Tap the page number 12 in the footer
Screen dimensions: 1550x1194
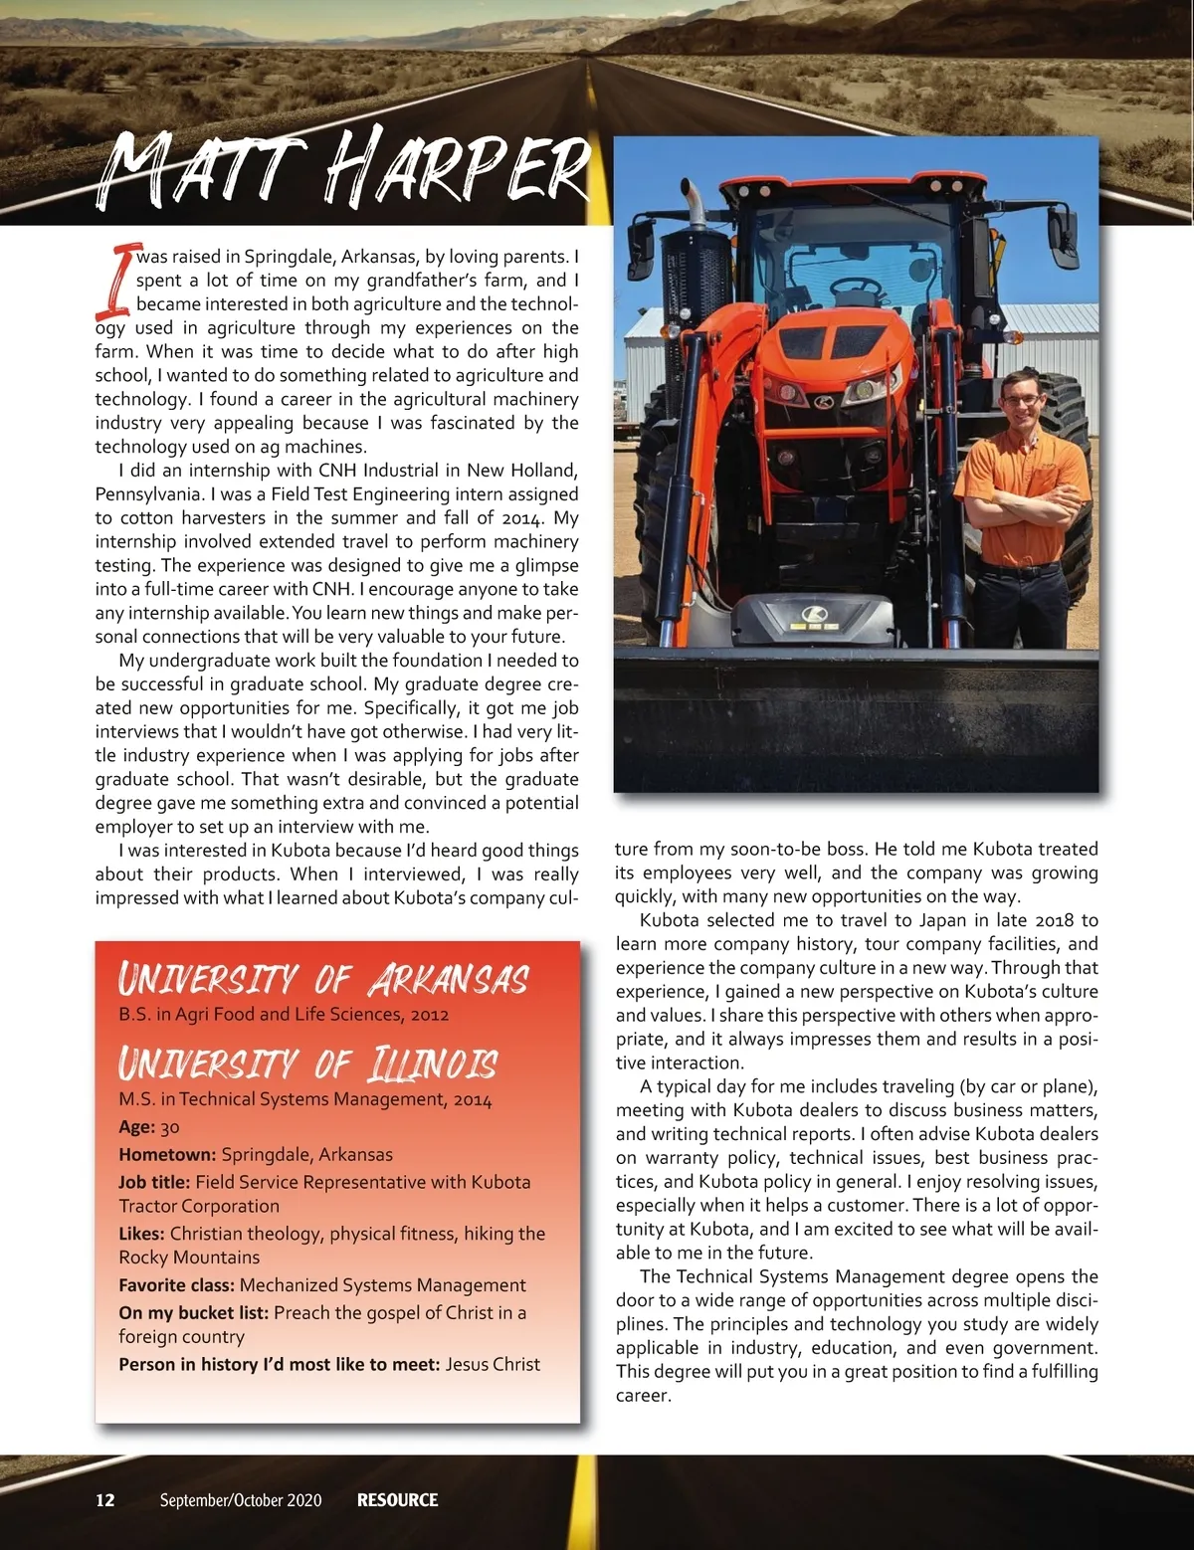105,1500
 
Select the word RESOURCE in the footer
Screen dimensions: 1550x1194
397,1500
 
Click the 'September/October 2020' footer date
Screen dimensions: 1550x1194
241,1500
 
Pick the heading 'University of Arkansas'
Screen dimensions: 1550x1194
323,980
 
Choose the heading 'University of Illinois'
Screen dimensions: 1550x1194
308,1064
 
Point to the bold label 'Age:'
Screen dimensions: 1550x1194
136,1127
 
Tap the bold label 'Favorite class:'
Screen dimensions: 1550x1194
176,1285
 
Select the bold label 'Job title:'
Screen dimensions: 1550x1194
154,1183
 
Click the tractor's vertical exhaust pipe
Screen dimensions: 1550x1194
694,214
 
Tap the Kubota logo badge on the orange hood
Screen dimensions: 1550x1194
823,402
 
